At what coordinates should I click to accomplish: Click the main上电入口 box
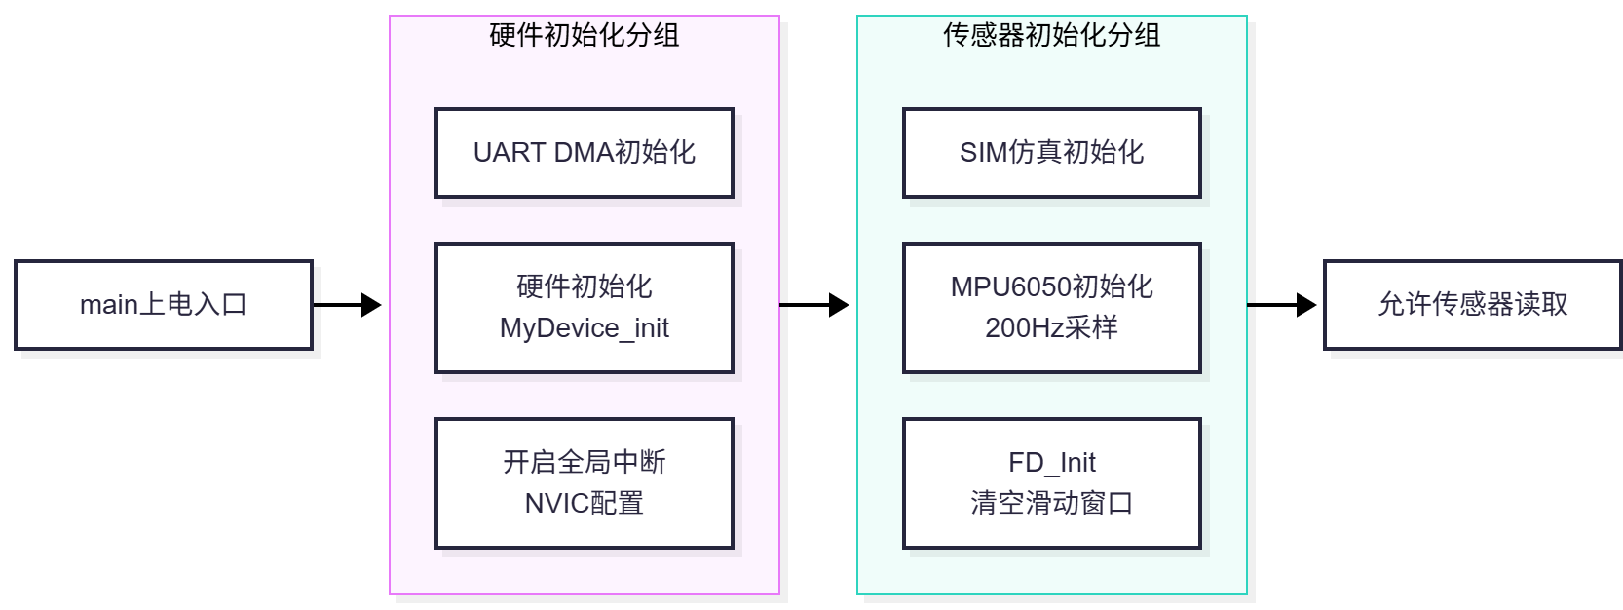[x=164, y=305]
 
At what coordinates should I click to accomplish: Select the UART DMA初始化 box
[x=585, y=153]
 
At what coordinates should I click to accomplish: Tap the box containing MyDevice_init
[x=585, y=308]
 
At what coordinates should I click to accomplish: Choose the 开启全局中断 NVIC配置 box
[x=585, y=483]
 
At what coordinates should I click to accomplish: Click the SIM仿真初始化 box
[x=1052, y=153]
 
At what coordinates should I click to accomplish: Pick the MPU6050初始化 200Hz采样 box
[x=1052, y=308]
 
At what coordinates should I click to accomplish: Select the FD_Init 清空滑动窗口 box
[x=1052, y=483]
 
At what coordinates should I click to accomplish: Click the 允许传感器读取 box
[x=1473, y=305]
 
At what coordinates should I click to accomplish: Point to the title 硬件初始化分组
[x=585, y=35]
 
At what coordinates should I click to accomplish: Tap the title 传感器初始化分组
[x=1052, y=35]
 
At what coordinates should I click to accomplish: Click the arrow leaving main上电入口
[x=347, y=305]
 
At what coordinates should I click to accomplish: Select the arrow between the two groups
[x=814, y=305]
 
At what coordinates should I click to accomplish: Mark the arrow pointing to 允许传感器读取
[x=1282, y=305]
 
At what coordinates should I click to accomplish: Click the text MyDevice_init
[x=585, y=328]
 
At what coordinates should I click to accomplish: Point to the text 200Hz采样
[x=1052, y=328]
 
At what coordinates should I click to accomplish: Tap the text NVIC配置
[x=585, y=503]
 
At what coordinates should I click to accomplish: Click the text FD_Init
[x=1052, y=463]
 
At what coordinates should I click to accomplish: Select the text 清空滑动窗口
[x=1052, y=503]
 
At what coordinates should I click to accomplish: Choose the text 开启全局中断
[x=585, y=462]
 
